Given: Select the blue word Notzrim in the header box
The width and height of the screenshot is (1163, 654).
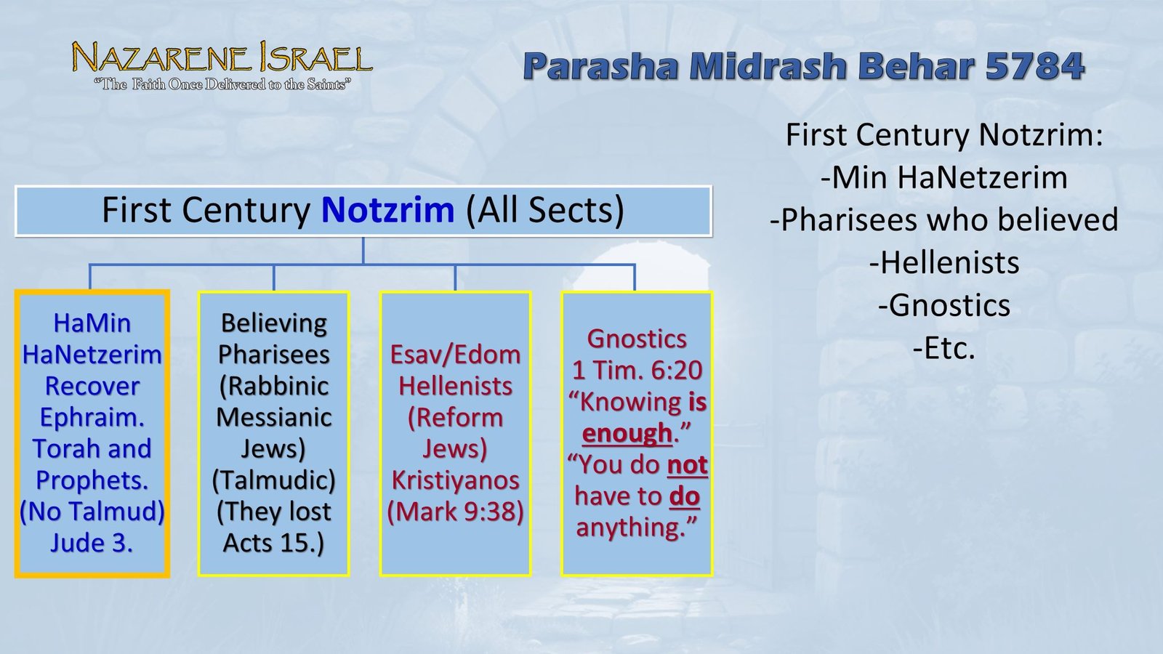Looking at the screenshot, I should (387, 211).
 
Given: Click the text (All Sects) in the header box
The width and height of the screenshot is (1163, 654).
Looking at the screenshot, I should (544, 211).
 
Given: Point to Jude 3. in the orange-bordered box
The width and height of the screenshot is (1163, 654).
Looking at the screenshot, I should (92, 543).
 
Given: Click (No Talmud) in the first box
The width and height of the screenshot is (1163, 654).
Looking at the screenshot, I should (92, 512).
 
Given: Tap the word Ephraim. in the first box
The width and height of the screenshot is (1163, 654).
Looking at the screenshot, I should (92, 417).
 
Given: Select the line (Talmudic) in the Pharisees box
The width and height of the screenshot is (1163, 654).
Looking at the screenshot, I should (273, 480).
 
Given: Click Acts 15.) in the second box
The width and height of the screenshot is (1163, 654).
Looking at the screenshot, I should (273, 543).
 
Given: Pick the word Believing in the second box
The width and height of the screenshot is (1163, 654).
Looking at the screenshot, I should (273, 323).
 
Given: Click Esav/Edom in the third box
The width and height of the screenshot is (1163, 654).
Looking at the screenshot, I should (455, 355).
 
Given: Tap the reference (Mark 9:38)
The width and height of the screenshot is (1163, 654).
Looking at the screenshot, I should (455, 512).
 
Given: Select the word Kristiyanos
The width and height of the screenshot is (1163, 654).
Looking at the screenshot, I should (455, 480).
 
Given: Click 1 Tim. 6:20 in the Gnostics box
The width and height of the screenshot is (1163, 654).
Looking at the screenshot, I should (637, 371).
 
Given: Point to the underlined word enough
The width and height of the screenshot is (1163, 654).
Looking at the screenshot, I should (627, 433).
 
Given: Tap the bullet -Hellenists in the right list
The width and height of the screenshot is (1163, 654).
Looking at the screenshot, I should (943, 263).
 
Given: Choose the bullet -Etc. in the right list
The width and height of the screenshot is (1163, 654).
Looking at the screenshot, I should (943, 349).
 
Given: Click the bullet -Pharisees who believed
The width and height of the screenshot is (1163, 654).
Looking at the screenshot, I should (943, 220).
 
